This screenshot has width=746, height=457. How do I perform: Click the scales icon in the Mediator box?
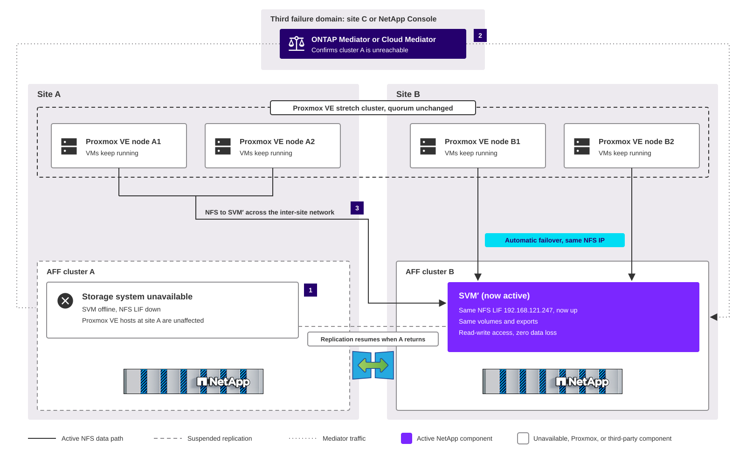tap(297, 44)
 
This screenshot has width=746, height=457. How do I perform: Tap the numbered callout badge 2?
tap(480, 35)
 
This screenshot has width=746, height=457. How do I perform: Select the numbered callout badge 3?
tap(357, 208)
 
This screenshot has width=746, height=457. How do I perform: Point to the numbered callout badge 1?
tap(311, 290)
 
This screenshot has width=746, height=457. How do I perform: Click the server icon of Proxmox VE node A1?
tap(69, 146)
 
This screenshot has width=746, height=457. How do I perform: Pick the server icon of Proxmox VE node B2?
tap(582, 146)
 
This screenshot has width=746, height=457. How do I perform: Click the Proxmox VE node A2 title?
tap(277, 142)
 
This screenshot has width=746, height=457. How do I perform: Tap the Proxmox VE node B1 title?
tap(482, 142)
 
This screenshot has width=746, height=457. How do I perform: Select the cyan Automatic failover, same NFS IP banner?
tap(554, 240)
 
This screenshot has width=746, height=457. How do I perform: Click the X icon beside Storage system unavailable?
tap(65, 301)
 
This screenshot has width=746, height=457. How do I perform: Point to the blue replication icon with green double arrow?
tap(373, 365)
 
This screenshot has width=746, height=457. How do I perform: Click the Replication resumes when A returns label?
tap(373, 339)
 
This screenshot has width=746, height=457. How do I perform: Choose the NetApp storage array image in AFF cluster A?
tap(193, 381)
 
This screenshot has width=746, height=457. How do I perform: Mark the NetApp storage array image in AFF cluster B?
tap(553, 381)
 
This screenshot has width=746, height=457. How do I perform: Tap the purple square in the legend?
tap(406, 438)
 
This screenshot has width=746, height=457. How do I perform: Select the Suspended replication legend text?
tap(220, 438)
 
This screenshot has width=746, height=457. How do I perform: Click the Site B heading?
tap(408, 94)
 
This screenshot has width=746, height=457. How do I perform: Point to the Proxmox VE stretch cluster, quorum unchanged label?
tap(373, 108)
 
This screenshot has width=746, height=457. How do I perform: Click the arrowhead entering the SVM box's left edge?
tap(443, 303)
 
